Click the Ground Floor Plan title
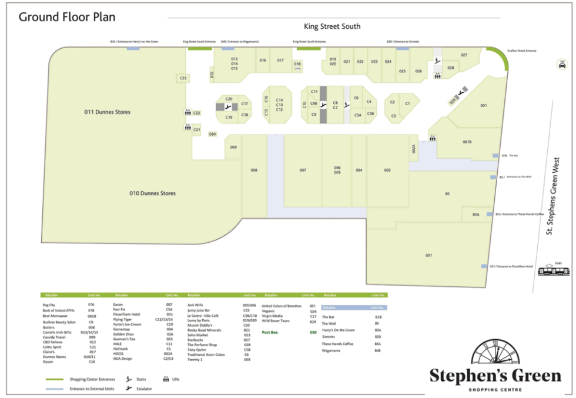(x=67, y=16)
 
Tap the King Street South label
(x=332, y=26)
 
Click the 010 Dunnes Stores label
(x=152, y=193)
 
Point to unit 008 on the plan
(x=254, y=170)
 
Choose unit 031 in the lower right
(x=428, y=255)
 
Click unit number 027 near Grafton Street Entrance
(x=464, y=55)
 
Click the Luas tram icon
(x=554, y=270)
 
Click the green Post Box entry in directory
(x=270, y=332)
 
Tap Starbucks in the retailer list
(x=195, y=340)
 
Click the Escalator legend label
(x=144, y=389)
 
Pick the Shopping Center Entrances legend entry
(x=92, y=379)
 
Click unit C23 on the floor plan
(x=183, y=78)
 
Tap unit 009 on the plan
(x=233, y=147)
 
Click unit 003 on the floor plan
(x=387, y=170)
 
